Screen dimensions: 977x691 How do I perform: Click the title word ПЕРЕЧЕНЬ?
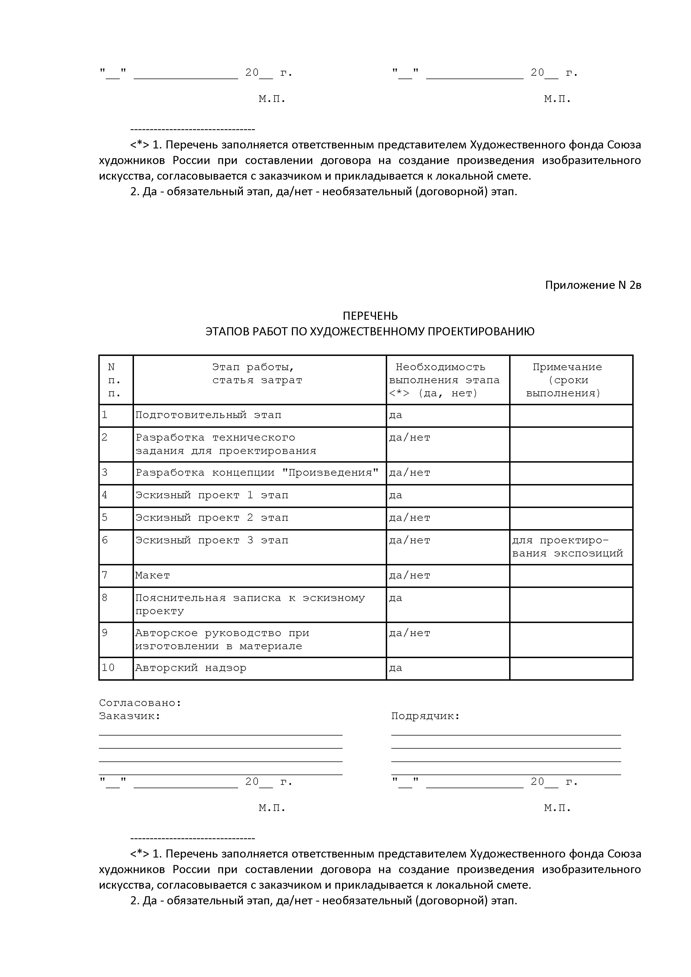[370, 316]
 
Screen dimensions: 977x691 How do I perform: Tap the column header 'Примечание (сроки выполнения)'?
[567, 380]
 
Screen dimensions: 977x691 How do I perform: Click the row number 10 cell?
[109, 668]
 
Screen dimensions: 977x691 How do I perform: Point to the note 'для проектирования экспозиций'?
[567, 547]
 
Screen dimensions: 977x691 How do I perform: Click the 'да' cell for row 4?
[396, 495]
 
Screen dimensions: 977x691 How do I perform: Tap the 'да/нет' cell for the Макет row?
[409, 575]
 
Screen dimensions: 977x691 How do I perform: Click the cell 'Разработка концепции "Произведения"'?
[257, 473]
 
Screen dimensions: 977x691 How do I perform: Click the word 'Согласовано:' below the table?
[140, 703]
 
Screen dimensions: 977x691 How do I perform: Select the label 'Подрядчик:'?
[426, 716]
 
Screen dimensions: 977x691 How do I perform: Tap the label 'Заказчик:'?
[129, 716]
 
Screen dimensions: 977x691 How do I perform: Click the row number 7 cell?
[105, 575]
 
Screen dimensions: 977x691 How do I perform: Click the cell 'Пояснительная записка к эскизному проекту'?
[250, 604]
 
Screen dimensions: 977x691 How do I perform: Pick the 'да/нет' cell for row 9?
[409, 633]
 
